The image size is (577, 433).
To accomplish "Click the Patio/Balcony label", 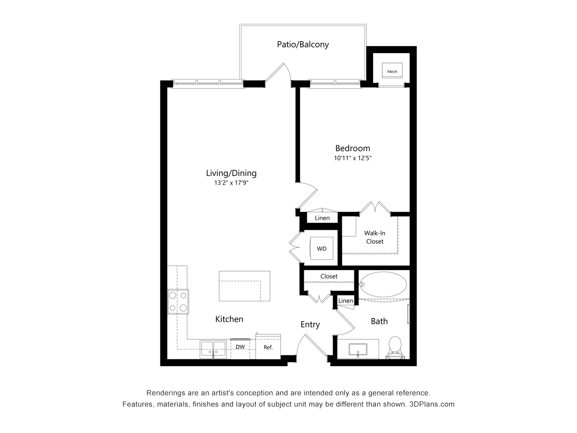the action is coord(303,45).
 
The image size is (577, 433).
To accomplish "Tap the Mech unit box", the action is coord(392,70).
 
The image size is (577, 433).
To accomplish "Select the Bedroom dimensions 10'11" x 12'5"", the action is coord(353,158).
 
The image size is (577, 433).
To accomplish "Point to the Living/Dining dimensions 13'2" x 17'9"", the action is coord(231,183).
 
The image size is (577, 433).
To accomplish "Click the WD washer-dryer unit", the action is coord(321,249).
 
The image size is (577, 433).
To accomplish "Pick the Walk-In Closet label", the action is coord(375,237).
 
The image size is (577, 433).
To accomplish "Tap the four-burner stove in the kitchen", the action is coord(178,302).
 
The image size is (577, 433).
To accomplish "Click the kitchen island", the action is coord(244,286).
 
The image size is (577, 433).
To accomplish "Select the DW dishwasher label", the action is coord(240,347).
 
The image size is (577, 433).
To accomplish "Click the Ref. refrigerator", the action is coord(268,346).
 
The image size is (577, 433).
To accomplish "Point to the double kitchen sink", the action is coord(213,349).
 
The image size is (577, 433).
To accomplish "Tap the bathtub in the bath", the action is coord(383,284).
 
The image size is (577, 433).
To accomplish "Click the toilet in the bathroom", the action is coord(395,348).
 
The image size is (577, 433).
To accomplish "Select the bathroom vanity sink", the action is coord(358,350).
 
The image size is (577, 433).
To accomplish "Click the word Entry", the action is coord(310,325).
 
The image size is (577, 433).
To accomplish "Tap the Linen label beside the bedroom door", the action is coord(322,218).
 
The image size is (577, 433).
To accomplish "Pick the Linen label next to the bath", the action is coord(346,301).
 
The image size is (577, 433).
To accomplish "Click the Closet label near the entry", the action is coord(329,276).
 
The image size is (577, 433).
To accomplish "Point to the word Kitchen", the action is coord(229,319).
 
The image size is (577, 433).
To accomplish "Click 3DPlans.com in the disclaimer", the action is coord(432,404).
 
